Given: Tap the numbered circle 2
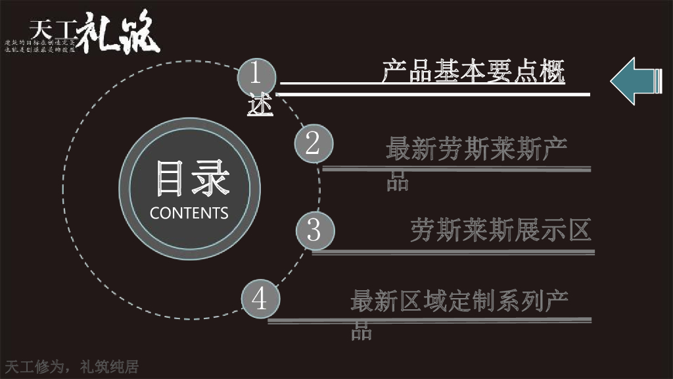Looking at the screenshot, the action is point(312,143).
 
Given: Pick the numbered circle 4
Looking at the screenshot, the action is point(260,299).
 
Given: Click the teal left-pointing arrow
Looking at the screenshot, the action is point(635,80).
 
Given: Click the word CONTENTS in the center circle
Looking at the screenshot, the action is point(189,213).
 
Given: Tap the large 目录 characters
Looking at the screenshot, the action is point(193,178).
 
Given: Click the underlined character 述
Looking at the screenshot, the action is point(260,106).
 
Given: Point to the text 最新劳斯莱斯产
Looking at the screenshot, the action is point(476,150).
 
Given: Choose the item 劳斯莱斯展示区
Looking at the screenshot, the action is point(501,230).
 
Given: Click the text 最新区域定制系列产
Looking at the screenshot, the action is point(459,301).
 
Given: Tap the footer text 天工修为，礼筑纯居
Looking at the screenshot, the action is point(72,366).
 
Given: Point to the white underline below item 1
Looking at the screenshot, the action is point(434,94).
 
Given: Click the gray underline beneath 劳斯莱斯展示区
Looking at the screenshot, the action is point(453,252).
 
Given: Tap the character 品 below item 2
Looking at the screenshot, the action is point(398,181).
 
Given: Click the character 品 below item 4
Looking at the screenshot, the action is point(361,331).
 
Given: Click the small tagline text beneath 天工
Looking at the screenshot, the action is point(41,47).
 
